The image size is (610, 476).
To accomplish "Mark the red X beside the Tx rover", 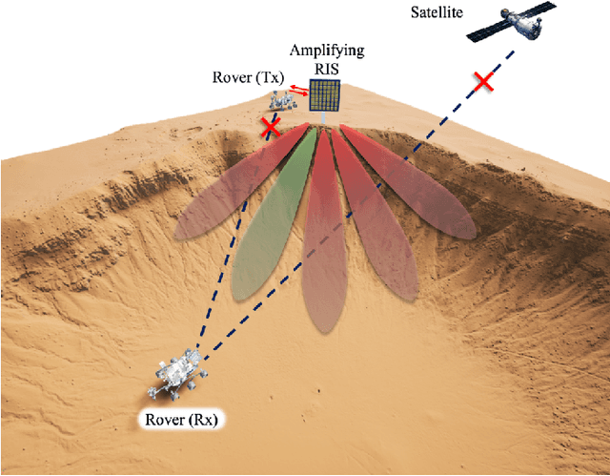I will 272,126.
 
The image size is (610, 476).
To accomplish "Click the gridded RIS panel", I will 325,94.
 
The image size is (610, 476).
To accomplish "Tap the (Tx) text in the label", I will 268,78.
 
